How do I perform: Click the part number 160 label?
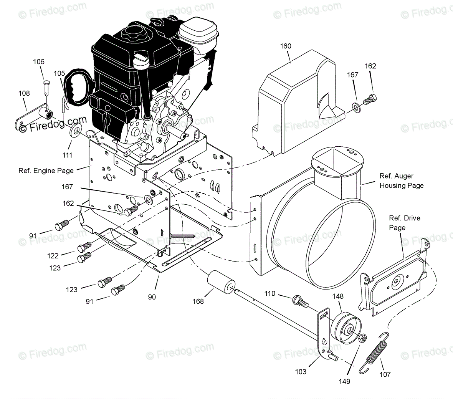point(286,46)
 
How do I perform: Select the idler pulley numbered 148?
point(345,326)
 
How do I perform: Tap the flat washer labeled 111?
point(74,131)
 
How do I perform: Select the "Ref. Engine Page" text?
point(46,171)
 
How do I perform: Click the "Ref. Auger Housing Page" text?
point(401,181)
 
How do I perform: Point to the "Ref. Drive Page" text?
point(404,223)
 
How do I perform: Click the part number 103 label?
point(301,371)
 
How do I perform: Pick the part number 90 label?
point(152,297)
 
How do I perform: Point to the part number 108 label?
point(24,93)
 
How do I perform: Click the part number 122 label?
point(53,256)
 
